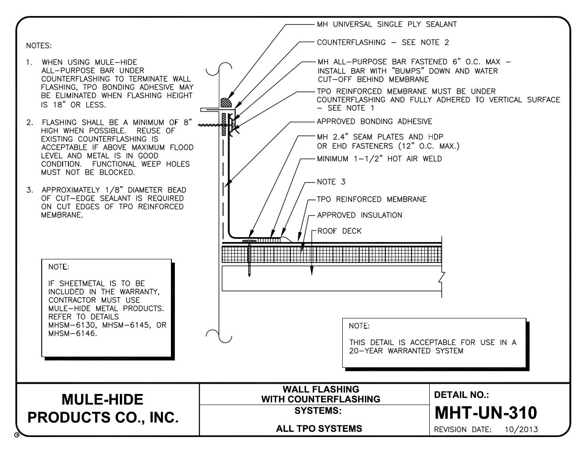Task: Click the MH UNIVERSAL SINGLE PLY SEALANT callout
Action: coord(387,24)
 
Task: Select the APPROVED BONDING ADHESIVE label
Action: coord(374,122)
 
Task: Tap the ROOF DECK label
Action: coord(340,231)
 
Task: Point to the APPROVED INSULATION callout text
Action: coord(360,215)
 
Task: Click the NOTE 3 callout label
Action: coord(331,182)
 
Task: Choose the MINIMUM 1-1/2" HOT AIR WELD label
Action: coord(380,159)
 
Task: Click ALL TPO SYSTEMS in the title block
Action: coord(318,429)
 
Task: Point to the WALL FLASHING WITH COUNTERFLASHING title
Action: coord(321,394)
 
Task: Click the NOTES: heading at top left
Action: coord(39,46)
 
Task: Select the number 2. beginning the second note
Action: coord(30,123)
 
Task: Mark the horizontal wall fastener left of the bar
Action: coord(209,125)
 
